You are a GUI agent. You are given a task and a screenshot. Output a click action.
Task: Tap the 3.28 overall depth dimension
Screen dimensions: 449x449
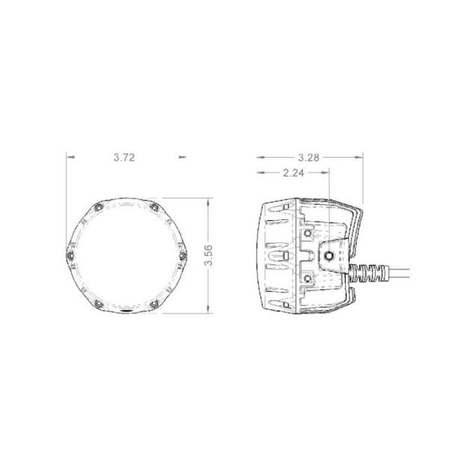coord(309,158)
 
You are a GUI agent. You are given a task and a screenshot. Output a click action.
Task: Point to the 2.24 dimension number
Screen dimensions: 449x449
coord(294,172)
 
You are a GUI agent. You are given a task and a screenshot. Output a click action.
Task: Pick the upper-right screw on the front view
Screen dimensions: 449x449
coord(153,207)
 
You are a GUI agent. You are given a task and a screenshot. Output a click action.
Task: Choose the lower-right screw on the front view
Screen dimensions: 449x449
coord(153,303)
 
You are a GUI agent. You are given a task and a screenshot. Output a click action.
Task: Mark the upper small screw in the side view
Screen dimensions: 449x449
coord(308,232)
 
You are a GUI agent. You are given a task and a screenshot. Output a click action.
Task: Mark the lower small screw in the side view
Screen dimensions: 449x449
coord(308,278)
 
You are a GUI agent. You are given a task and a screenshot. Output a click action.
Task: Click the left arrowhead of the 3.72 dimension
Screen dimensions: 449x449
coord(69,158)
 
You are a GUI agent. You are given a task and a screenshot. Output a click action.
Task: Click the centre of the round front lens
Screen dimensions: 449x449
coord(126,255)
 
